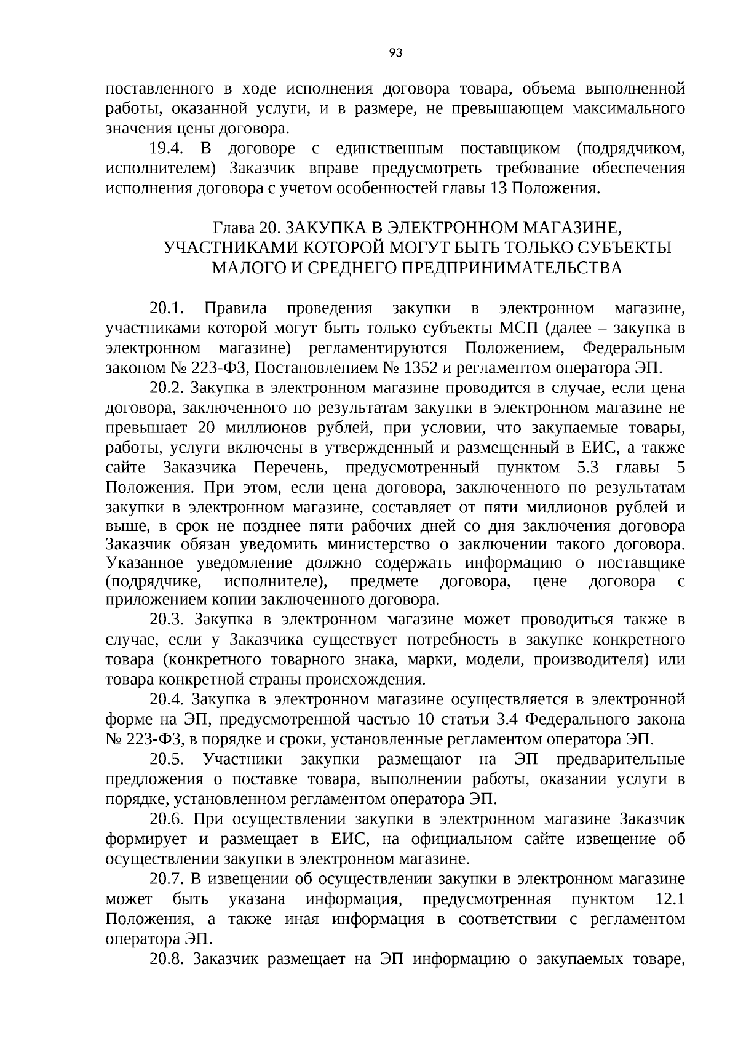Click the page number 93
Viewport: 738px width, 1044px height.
(x=396, y=54)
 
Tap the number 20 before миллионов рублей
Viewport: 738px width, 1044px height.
(x=207, y=428)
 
